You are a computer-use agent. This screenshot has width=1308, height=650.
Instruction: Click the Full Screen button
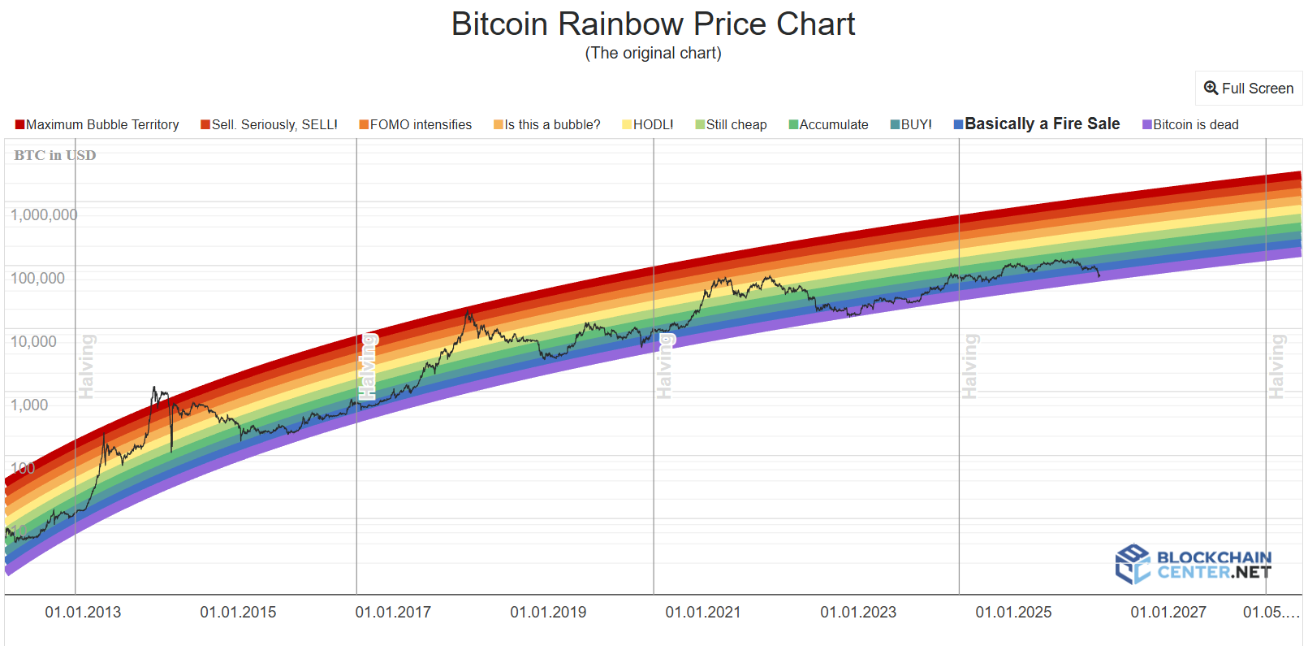click(1249, 89)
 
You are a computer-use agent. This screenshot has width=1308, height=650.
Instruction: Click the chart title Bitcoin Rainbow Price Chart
click(653, 24)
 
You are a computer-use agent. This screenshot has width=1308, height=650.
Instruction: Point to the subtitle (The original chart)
click(653, 54)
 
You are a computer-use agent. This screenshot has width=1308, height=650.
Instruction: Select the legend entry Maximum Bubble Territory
click(97, 125)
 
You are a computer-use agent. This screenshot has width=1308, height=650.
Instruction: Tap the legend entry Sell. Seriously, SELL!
click(270, 125)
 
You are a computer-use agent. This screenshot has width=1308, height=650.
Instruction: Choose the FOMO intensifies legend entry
click(416, 125)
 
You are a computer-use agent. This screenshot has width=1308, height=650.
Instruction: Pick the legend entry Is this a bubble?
click(547, 125)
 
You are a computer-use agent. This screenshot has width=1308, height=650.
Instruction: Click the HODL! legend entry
click(648, 125)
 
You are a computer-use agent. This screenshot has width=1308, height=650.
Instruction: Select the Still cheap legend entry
click(732, 125)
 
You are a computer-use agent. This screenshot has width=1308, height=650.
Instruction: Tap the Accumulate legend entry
click(829, 125)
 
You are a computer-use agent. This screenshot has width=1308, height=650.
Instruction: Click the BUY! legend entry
click(912, 125)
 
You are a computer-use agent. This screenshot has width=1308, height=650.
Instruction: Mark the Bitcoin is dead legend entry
click(1191, 125)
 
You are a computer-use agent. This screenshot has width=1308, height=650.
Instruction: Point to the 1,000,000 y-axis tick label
click(44, 215)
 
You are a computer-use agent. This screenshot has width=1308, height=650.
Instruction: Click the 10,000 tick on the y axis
click(33, 342)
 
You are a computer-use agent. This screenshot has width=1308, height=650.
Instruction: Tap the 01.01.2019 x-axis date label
click(548, 613)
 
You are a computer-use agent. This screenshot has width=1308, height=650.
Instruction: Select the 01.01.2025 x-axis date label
click(1013, 613)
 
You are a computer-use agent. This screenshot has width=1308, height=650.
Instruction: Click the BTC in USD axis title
click(54, 155)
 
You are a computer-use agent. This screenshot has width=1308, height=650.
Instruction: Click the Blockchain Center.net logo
click(1193, 565)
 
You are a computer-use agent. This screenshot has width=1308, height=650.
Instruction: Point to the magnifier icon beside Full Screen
click(1211, 89)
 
